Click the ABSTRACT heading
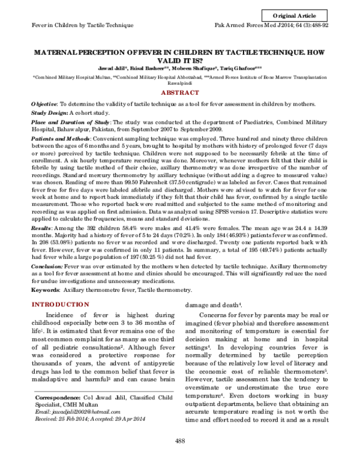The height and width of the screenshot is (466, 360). click(180, 93)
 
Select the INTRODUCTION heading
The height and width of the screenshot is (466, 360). click(64, 305)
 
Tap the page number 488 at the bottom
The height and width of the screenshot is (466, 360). click(179, 458)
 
